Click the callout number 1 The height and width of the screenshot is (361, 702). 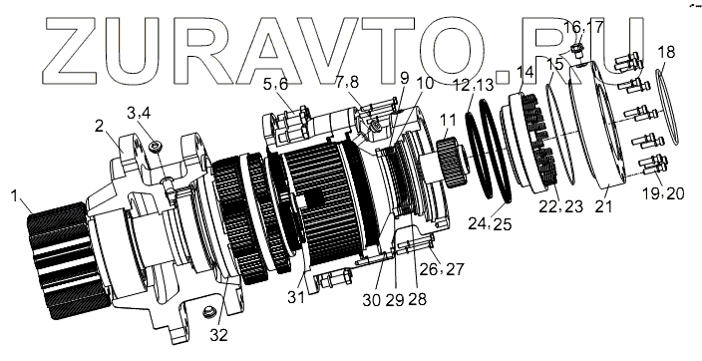(x=15, y=195)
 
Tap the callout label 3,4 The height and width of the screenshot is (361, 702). (x=139, y=113)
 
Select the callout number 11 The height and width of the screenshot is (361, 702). (x=448, y=120)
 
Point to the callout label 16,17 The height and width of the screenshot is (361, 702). (x=583, y=27)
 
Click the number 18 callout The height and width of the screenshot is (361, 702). (x=666, y=52)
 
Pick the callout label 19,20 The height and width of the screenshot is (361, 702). (x=663, y=193)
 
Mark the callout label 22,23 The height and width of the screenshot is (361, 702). (x=560, y=206)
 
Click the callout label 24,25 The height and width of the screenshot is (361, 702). (x=490, y=223)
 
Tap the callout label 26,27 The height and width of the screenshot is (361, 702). (x=442, y=269)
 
